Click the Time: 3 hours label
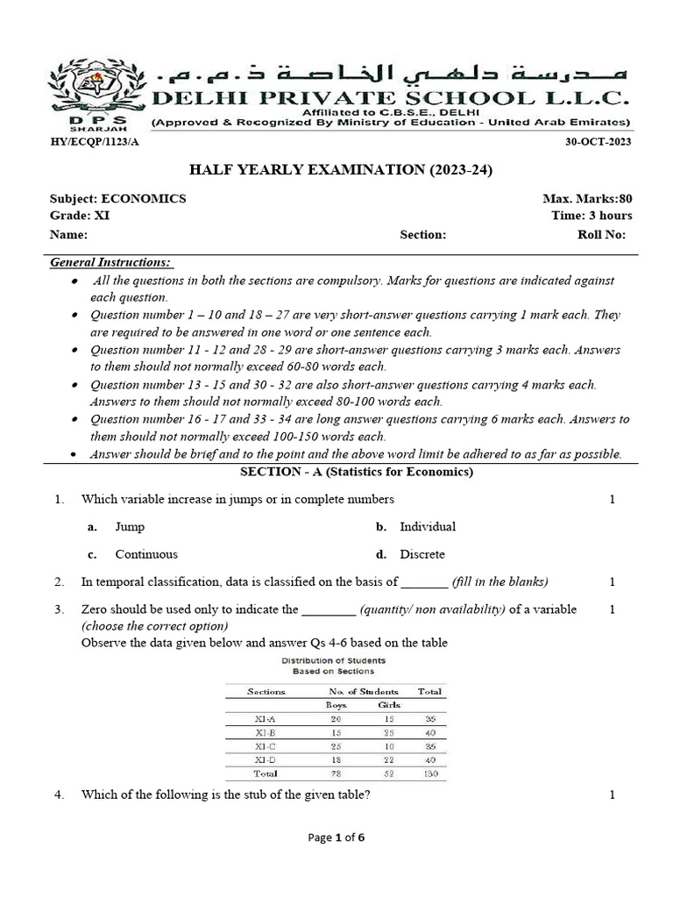coord(592,216)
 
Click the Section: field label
coord(423,235)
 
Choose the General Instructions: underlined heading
coord(110,262)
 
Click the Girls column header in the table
coord(389,704)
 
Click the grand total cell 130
coord(429,773)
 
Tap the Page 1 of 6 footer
coord(336,837)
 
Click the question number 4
coord(58,795)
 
